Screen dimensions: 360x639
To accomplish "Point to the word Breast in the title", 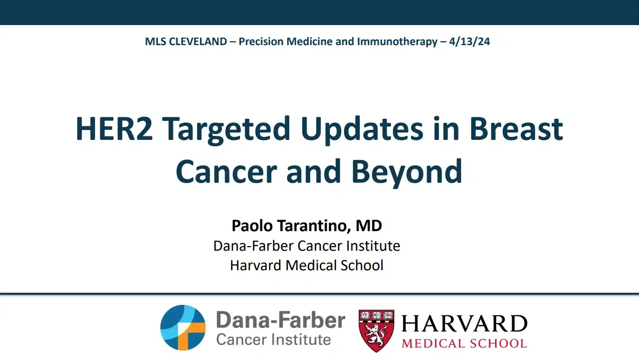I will [x=516, y=128].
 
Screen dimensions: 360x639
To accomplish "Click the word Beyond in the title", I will [x=406, y=171].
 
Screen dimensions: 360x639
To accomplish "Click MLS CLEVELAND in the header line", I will [x=186, y=42].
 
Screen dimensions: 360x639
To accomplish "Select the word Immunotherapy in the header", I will [x=397, y=42].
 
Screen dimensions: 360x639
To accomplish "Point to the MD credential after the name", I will [x=369, y=226].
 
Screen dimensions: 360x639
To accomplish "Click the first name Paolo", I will [x=252, y=226].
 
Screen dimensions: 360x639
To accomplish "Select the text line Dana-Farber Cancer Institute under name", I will [x=307, y=246].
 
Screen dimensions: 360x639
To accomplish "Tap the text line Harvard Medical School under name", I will [x=307, y=265].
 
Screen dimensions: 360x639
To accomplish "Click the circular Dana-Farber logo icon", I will [x=183, y=327].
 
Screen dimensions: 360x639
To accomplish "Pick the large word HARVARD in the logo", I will [x=465, y=324].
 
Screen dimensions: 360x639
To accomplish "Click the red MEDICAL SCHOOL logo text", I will [x=465, y=343].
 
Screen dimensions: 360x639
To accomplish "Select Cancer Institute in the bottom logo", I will [x=274, y=339].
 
